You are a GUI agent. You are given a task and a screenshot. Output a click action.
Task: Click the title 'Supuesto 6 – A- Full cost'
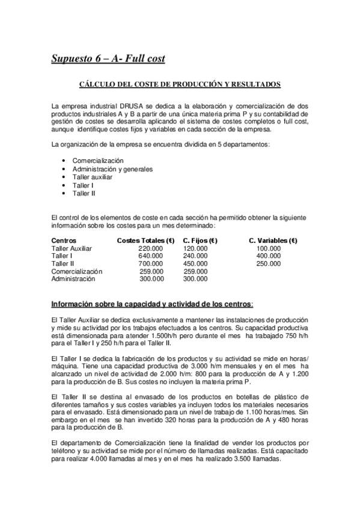point(108,59)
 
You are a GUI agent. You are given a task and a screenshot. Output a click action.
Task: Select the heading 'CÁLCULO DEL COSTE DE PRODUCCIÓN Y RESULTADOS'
point(180,84)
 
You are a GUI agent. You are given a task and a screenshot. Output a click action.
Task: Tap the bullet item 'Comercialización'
point(97,161)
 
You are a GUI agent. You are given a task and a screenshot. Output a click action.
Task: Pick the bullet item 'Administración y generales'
point(112,169)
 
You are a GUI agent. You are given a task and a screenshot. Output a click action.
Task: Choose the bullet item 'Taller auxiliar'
point(94,177)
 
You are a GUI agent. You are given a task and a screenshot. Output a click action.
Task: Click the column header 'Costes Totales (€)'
point(146,240)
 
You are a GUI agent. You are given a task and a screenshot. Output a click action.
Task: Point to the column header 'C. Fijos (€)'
point(200,240)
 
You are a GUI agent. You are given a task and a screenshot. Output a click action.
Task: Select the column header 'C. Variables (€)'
point(273,240)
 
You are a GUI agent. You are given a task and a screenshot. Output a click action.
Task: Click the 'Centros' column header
point(64,240)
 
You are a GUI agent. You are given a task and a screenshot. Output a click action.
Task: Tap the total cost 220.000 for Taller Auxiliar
point(150,248)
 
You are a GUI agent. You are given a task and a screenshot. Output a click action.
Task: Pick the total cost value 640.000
point(150,256)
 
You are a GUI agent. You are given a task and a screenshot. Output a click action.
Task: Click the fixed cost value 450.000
point(196,263)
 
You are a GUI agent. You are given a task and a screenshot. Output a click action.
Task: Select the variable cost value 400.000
point(268,256)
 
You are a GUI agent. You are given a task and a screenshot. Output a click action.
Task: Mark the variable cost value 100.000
point(268,248)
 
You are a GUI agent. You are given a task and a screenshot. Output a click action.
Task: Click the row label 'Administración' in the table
point(73,279)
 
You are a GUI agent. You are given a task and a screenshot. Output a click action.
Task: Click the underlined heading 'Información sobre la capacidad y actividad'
point(152,303)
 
